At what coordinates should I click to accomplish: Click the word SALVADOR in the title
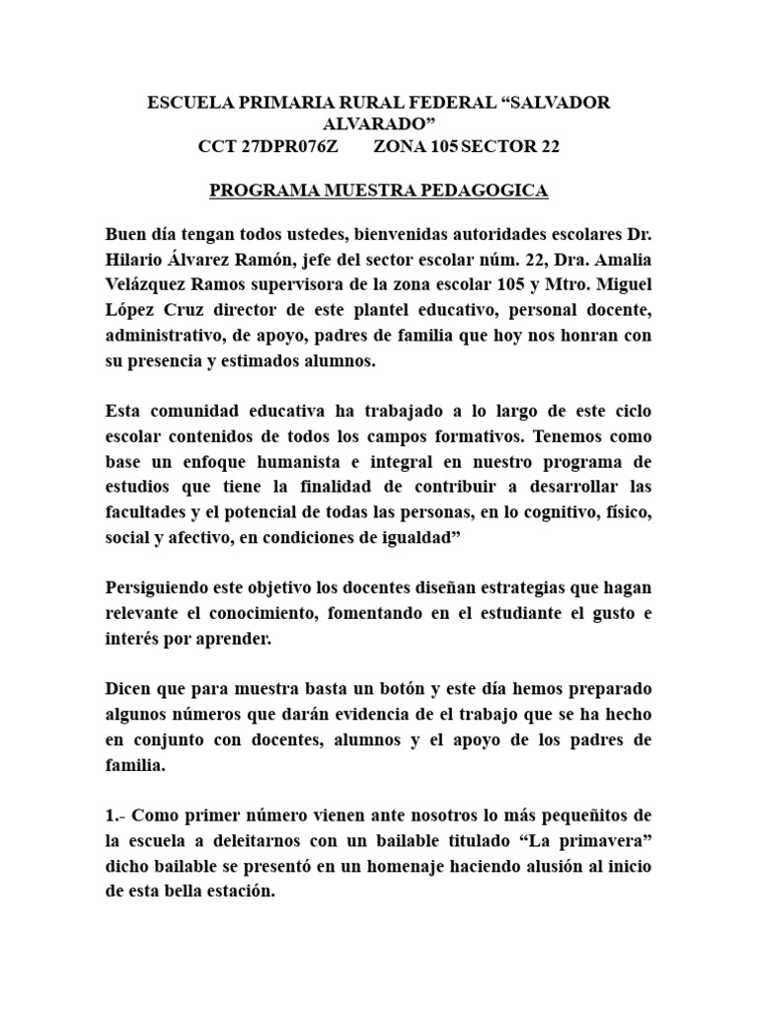(564, 103)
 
